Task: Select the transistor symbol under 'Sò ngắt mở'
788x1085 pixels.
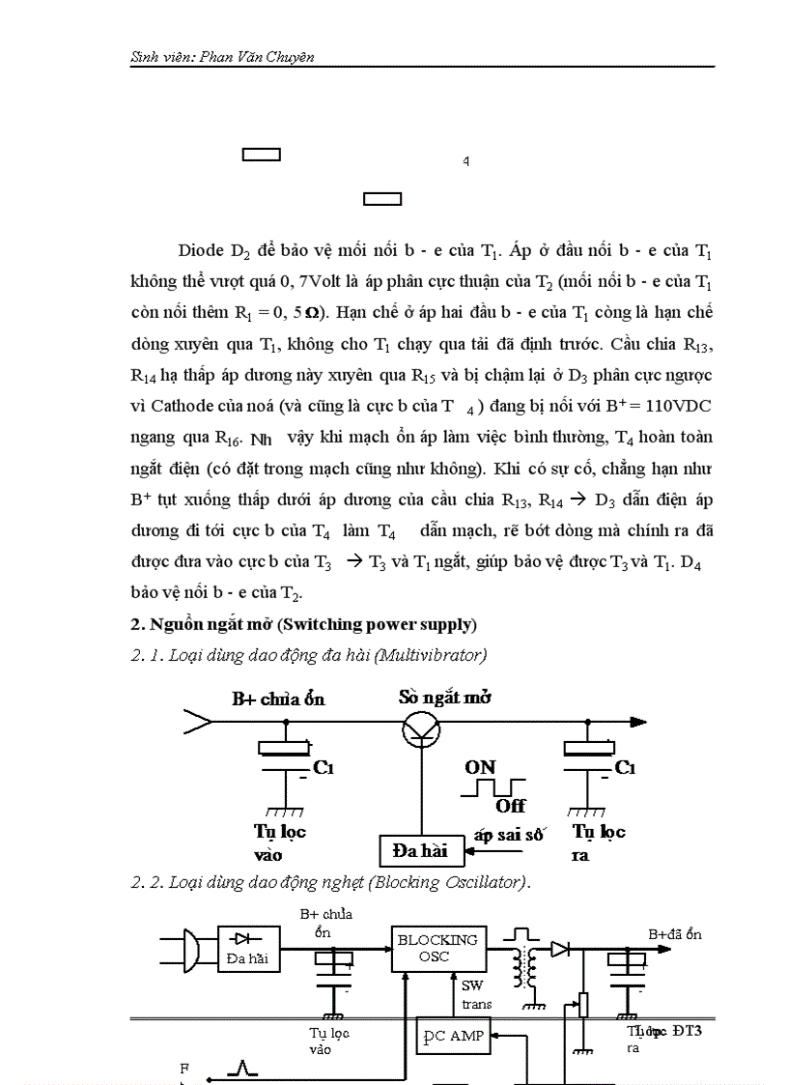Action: pos(418,727)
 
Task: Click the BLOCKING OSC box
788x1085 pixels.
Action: pos(437,948)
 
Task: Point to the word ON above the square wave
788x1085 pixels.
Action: pos(480,767)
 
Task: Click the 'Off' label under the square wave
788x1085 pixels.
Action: pos(511,805)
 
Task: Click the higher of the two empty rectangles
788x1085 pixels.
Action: pos(261,155)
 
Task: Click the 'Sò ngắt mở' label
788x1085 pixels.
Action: pos(443,697)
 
